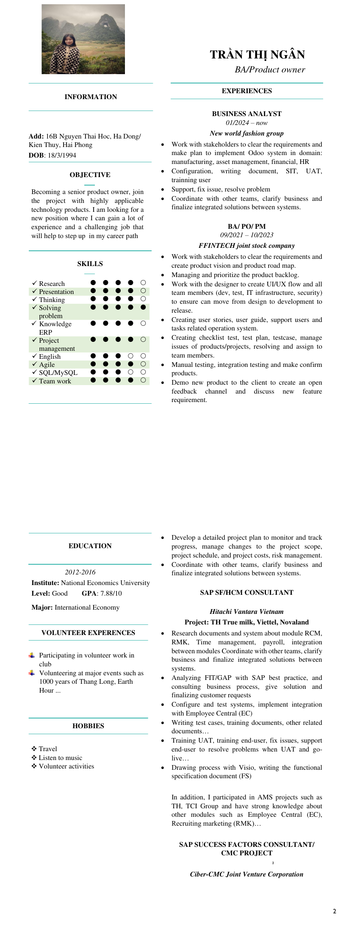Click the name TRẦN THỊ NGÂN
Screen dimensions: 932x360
(257, 55)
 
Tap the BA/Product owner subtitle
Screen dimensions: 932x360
(270, 70)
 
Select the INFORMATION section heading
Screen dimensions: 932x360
(91, 97)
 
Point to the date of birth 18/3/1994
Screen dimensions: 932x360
(62, 155)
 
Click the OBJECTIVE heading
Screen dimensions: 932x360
(90, 175)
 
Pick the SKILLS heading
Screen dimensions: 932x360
(90, 264)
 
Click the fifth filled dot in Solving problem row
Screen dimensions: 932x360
(143, 307)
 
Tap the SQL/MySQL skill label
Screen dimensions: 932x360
(58, 373)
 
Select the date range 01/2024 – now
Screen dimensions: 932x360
(246, 123)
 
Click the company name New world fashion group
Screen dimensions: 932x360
(246, 133)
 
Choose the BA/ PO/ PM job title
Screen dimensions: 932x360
(246, 227)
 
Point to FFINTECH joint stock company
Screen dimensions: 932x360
(246, 246)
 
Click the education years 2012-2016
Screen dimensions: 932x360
(80, 572)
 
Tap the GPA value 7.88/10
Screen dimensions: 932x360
(111, 594)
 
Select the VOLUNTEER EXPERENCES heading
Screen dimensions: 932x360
(88, 633)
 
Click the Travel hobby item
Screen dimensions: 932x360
(48, 749)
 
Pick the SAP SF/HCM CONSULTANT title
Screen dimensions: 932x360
(246, 593)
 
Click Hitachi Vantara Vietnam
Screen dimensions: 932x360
(246, 612)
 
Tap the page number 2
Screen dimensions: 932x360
(335, 911)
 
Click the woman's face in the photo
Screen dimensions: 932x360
(68, 41)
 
